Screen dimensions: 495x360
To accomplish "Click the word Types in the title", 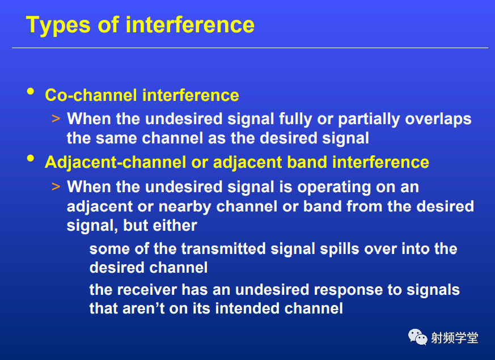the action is pos(58,26).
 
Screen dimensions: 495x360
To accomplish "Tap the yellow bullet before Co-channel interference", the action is pos(31,92).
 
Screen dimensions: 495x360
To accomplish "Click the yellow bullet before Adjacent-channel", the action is pos(31,158).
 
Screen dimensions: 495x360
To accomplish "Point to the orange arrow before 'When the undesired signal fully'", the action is pos(56,119).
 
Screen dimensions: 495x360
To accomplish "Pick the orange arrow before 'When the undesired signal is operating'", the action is pos(56,187).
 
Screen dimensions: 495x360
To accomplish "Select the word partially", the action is pos(369,120).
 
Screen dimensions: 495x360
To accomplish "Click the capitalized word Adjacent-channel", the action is pos(116,163).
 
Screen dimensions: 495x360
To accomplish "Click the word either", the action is pos(175,226).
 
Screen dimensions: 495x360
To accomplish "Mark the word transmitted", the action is pos(223,249).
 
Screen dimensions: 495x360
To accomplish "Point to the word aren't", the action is pos(143,308).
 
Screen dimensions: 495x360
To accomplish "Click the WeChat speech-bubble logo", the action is pos(418,337).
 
